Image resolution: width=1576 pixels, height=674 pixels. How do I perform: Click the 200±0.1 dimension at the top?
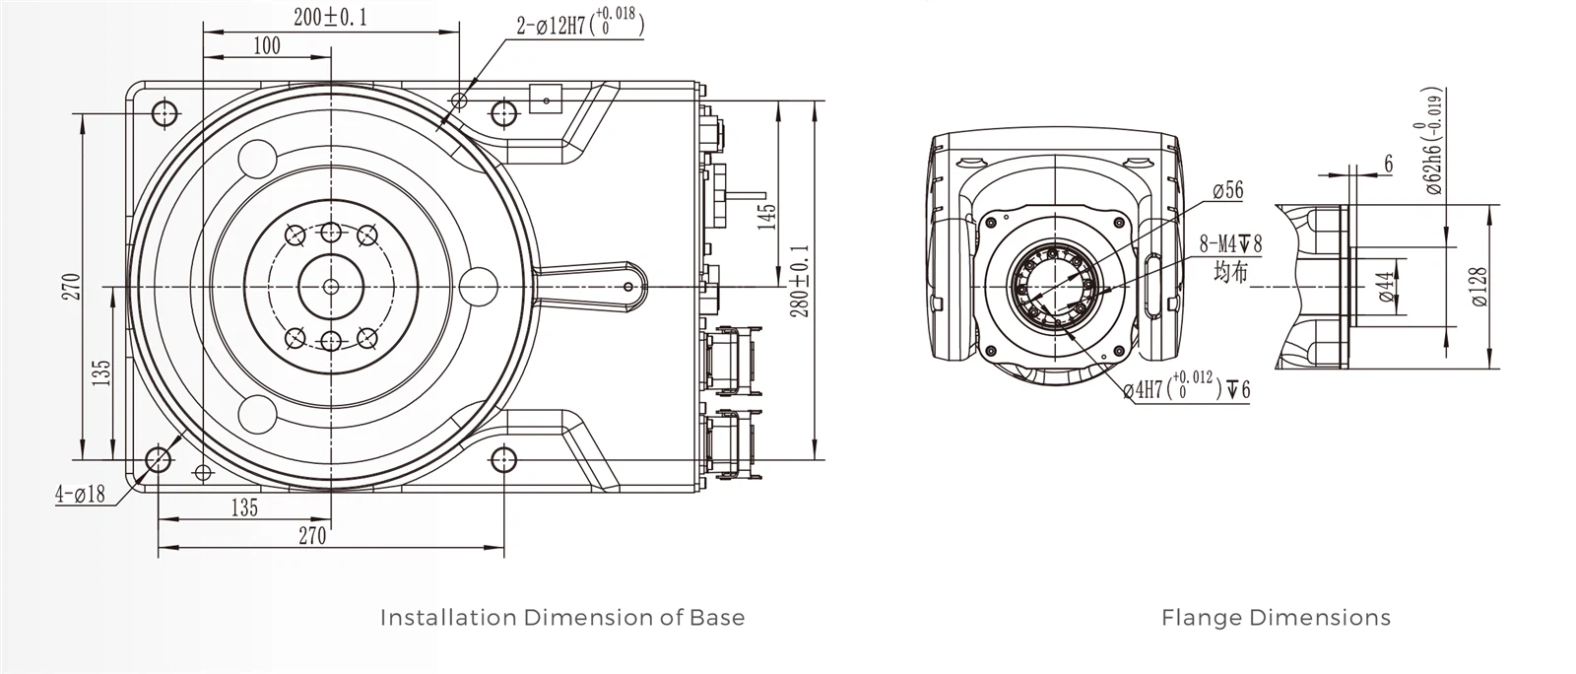330,17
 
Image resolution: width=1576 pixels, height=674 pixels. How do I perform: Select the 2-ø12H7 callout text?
580,24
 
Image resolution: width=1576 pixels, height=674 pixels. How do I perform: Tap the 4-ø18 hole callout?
80,494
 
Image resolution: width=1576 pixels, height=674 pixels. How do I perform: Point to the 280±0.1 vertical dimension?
800,281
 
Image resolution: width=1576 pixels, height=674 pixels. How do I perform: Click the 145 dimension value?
767,216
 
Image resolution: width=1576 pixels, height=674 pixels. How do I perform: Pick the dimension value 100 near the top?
266,45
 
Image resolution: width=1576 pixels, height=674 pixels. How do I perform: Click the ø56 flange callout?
1227,191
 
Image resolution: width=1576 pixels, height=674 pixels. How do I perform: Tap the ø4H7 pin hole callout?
1186,389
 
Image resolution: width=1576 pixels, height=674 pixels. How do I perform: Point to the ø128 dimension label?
1479,287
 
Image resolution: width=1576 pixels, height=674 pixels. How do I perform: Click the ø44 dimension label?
1387,288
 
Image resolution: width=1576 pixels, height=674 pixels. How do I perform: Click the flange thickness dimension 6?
1389,164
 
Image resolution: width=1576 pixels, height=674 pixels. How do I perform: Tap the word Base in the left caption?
718,618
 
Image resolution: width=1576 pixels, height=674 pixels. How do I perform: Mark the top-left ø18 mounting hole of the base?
164,112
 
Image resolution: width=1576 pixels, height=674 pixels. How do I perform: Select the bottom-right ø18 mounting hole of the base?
503,459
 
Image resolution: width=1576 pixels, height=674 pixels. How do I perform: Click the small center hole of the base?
331,286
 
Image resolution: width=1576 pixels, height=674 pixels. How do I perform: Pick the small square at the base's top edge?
545,98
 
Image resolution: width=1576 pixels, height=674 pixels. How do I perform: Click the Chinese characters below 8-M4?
1230,271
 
